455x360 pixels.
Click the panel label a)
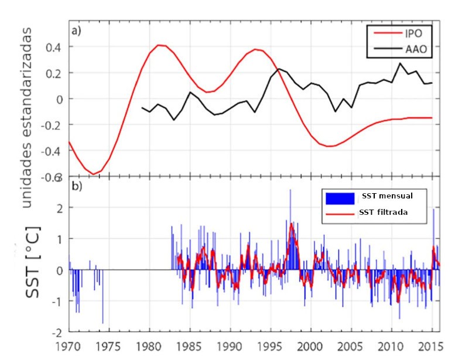click(76, 30)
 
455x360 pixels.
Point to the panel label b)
click(76, 187)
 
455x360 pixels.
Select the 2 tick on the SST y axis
click(59, 208)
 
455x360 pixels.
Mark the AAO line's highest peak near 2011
click(401, 63)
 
